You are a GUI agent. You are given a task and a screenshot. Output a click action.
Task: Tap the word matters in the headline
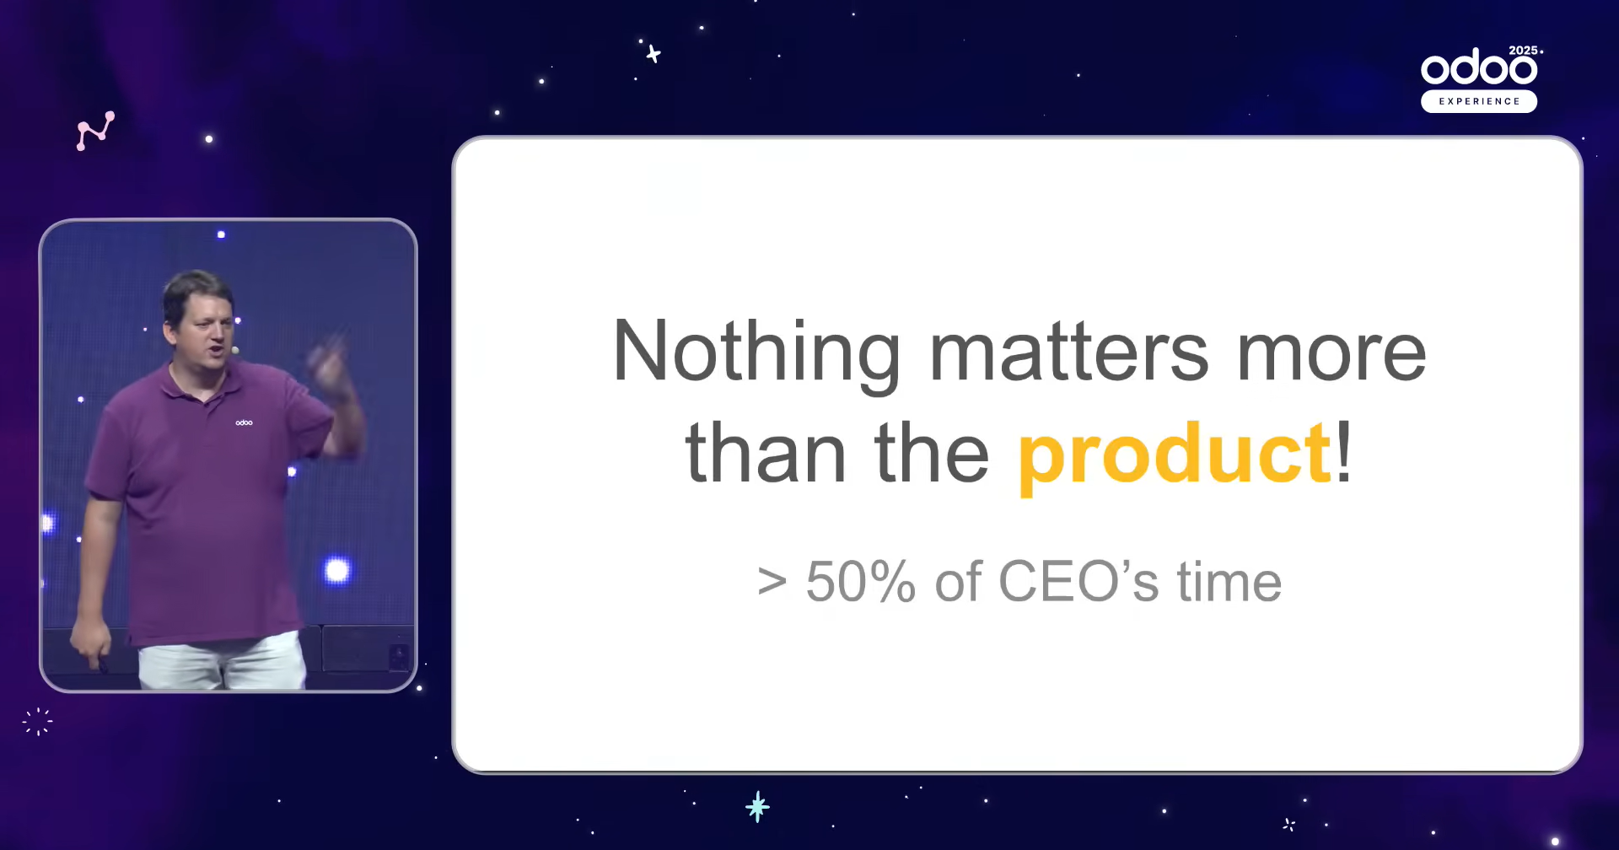1068,352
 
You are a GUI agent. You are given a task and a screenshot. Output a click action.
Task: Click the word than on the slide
765,453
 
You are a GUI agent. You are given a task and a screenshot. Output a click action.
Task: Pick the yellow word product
1175,458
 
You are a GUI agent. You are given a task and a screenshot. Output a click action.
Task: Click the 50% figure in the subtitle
860,581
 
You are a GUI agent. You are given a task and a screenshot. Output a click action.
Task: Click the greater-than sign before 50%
772,582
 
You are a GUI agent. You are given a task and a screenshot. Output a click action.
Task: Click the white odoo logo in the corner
1479,67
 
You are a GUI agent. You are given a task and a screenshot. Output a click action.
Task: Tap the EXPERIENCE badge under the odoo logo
1479,101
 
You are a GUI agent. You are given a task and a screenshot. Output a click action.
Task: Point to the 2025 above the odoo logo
1523,51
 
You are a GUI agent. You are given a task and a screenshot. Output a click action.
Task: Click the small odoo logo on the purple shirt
244,422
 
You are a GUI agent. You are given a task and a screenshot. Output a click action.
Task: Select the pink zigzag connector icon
95,131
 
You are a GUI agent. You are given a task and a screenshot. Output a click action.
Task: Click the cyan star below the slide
757,807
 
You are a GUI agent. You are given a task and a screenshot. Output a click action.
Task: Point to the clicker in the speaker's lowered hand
100,664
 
